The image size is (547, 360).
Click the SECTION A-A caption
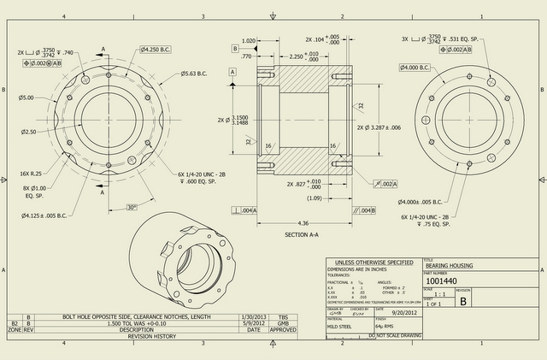303,233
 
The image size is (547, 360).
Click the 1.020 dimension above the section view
249,40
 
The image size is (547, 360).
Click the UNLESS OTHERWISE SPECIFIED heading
374,262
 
